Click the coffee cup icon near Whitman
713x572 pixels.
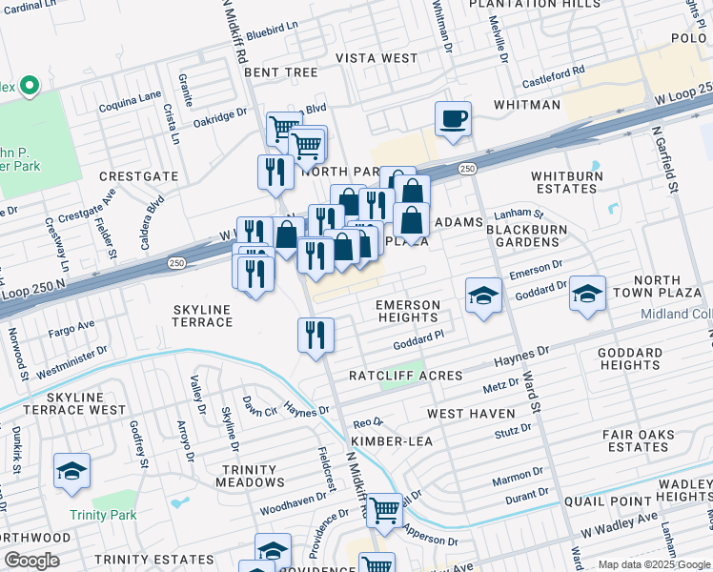click(453, 119)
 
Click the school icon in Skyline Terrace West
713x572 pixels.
click(71, 472)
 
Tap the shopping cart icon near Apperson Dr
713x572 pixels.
click(384, 510)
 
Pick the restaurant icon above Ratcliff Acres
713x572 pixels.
click(315, 335)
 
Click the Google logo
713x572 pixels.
click(31, 561)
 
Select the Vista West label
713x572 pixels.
click(377, 58)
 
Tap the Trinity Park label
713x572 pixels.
click(103, 515)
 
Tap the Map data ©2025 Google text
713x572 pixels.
click(653, 564)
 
